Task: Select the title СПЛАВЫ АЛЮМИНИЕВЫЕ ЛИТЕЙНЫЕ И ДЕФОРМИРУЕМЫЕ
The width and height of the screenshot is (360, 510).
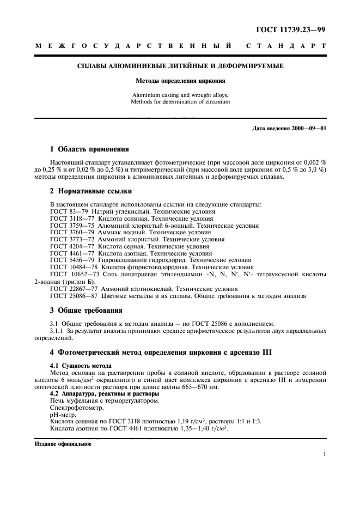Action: click(x=180, y=66)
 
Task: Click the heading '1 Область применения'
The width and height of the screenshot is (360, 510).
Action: click(x=89, y=148)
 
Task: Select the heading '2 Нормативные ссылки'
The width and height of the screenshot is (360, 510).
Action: click(x=90, y=191)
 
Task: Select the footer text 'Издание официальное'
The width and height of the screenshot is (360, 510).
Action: click(x=63, y=444)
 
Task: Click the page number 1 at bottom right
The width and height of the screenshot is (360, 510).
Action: click(x=324, y=454)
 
